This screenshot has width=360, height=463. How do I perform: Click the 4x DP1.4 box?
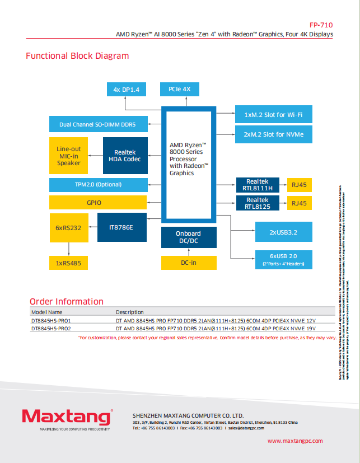pyautogui.click(x=126, y=90)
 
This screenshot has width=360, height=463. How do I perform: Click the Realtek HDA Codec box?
pyautogui.click(x=125, y=156)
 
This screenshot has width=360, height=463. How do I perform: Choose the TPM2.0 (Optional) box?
pyautogui.click(x=98, y=185)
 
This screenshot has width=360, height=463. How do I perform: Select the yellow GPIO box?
pyautogui.click(x=98, y=202)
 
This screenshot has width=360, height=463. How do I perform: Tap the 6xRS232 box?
pyautogui.click(x=68, y=227)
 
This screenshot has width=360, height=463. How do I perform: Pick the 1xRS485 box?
pyautogui.click(x=68, y=262)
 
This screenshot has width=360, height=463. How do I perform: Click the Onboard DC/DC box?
pyautogui.click(x=188, y=237)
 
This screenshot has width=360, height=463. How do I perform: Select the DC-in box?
pyautogui.click(x=188, y=262)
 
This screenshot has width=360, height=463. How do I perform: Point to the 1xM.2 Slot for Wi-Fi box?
pyautogui.click(x=274, y=115)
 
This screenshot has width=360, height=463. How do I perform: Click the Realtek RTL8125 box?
pyautogui.click(x=257, y=203)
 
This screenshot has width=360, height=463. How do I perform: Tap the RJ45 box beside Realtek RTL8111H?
pyautogui.click(x=300, y=185)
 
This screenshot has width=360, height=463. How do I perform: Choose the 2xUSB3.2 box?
pyautogui.click(x=282, y=231)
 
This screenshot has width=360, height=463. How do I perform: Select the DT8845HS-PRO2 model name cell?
pyautogui.click(x=51, y=329)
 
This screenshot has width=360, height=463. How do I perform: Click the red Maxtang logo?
pyautogui.click(x=67, y=417)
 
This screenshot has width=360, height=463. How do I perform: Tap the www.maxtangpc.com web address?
pyautogui.click(x=295, y=441)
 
